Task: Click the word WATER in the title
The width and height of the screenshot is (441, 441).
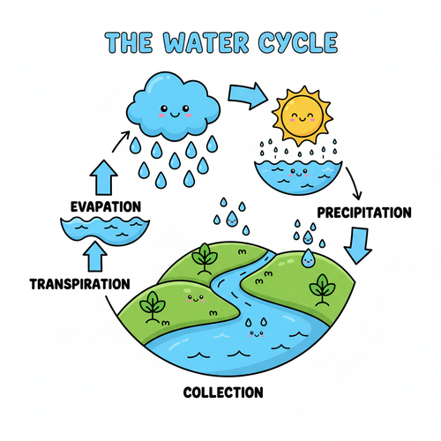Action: pyautogui.click(x=206, y=42)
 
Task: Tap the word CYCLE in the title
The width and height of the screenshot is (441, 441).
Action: pyautogui.click(x=298, y=42)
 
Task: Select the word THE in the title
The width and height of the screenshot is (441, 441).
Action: pyautogui.click(x=129, y=42)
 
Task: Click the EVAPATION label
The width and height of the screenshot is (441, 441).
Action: pyautogui.click(x=106, y=206)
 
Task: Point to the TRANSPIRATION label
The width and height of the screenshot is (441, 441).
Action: pyautogui.click(x=80, y=284)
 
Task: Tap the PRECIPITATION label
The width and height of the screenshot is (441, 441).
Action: pyautogui.click(x=364, y=213)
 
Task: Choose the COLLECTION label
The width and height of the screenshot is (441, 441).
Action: pyautogui.click(x=223, y=392)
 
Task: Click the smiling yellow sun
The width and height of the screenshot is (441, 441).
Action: pyautogui.click(x=302, y=116)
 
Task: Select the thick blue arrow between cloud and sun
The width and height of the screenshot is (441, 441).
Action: pyautogui.click(x=248, y=96)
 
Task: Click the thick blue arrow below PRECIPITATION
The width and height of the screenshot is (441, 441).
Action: pyautogui.click(x=358, y=245)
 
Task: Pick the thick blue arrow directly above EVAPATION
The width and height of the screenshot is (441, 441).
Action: pyautogui.click(x=104, y=177)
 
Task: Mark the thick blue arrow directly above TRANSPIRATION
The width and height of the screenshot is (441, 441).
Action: pyautogui.click(x=95, y=257)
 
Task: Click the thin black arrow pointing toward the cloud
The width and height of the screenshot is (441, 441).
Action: pyautogui.click(x=120, y=142)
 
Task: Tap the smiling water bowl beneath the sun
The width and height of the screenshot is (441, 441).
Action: pyautogui.click(x=298, y=177)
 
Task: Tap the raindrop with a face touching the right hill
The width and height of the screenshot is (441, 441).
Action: pyautogui.click(x=308, y=258)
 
